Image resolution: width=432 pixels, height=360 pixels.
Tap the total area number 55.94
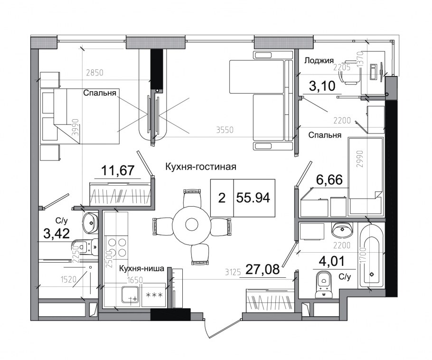coord(254,198)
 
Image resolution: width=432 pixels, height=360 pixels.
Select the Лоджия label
coord(319,60)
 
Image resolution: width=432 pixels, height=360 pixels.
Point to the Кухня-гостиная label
coord(200,167)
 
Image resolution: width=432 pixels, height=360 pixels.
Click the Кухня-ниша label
coord(142,269)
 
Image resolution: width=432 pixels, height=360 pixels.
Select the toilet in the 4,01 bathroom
coord(325,284)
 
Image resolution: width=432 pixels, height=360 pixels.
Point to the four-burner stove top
coord(117,247)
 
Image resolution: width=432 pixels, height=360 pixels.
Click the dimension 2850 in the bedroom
coord(94,73)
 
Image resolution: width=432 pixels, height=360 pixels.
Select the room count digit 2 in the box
coord(222,198)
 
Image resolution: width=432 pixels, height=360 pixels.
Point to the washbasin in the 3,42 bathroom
coord(89,221)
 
